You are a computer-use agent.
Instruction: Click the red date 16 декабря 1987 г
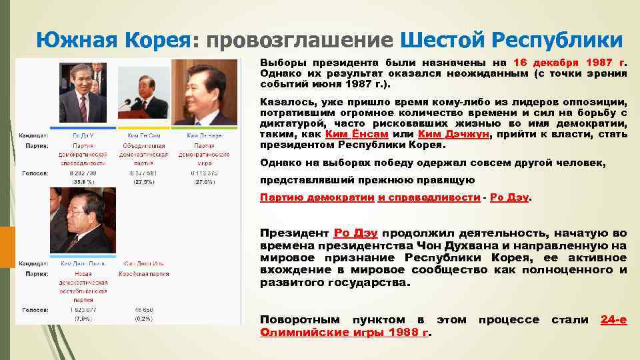click(571, 62)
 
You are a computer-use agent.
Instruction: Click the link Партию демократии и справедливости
click(370, 197)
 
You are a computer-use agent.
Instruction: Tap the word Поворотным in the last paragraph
click(299, 319)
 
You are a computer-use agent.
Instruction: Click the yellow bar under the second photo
click(143, 126)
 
